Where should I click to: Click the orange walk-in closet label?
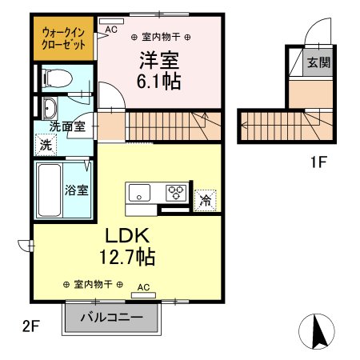(63, 40)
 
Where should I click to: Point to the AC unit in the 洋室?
(110, 28)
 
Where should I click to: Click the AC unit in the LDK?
(143, 293)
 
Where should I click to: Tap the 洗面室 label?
(66, 126)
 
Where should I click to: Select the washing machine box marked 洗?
(46, 145)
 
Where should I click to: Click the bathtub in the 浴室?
(48, 190)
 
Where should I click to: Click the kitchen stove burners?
(175, 193)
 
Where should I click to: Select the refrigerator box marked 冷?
(205, 200)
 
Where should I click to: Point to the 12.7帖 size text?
(126, 258)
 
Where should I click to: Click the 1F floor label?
(318, 162)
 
